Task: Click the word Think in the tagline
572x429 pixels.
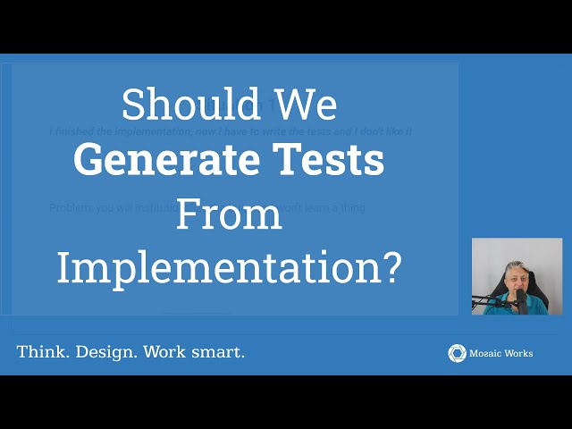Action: click(x=42, y=352)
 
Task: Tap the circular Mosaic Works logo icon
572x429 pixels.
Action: click(x=457, y=353)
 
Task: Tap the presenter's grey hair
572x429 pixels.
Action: click(x=517, y=265)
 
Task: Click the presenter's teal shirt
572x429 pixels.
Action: click(x=536, y=306)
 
